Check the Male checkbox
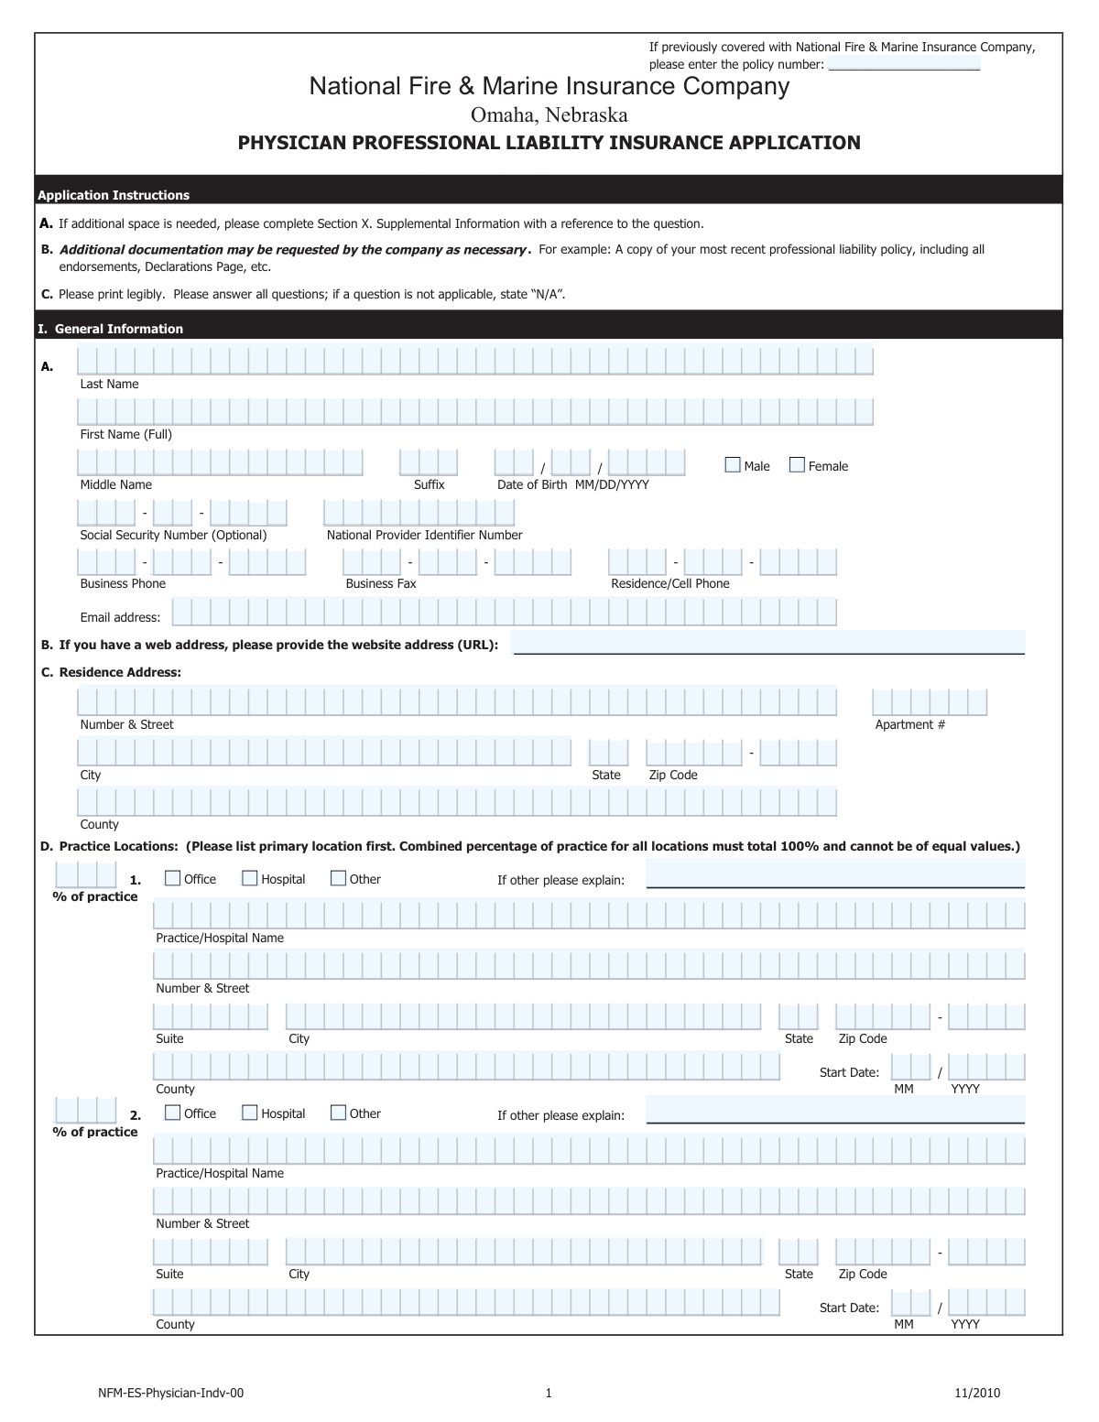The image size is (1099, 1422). pyautogui.click(x=733, y=465)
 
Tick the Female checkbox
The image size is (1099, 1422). pyautogui.click(x=797, y=465)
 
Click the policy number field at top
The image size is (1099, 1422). pyautogui.click(x=904, y=63)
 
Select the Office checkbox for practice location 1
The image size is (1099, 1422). pyautogui.click(x=172, y=878)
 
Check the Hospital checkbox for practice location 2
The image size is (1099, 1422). pyautogui.click(x=249, y=1113)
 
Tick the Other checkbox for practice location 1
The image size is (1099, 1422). pyautogui.click(x=338, y=878)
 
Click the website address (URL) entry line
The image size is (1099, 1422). pyautogui.click(x=767, y=643)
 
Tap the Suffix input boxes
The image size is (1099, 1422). pyautogui.click(x=428, y=462)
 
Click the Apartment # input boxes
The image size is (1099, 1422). pyautogui.click(x=930, y=702)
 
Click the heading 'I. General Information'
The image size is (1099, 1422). pyautogui.click(x=110, y=329)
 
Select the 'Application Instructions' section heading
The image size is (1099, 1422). pyautogui.click(x=114, y=195)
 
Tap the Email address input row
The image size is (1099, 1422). pyautogui.click(x=504, y=612)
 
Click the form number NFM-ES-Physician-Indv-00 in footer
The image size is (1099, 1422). pyautogui.click(x=171, y=1394)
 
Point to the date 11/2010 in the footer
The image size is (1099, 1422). pyautogui.click(x=977, y=1394)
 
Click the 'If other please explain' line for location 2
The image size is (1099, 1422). pyautogui.click(x=835, y=1110)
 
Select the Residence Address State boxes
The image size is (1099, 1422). pyautogui.click(x=609, y=753)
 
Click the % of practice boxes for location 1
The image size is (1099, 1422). pyautogui.click(x=86, y=874)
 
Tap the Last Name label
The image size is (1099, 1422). pyautogui.click(x=109, y=385)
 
